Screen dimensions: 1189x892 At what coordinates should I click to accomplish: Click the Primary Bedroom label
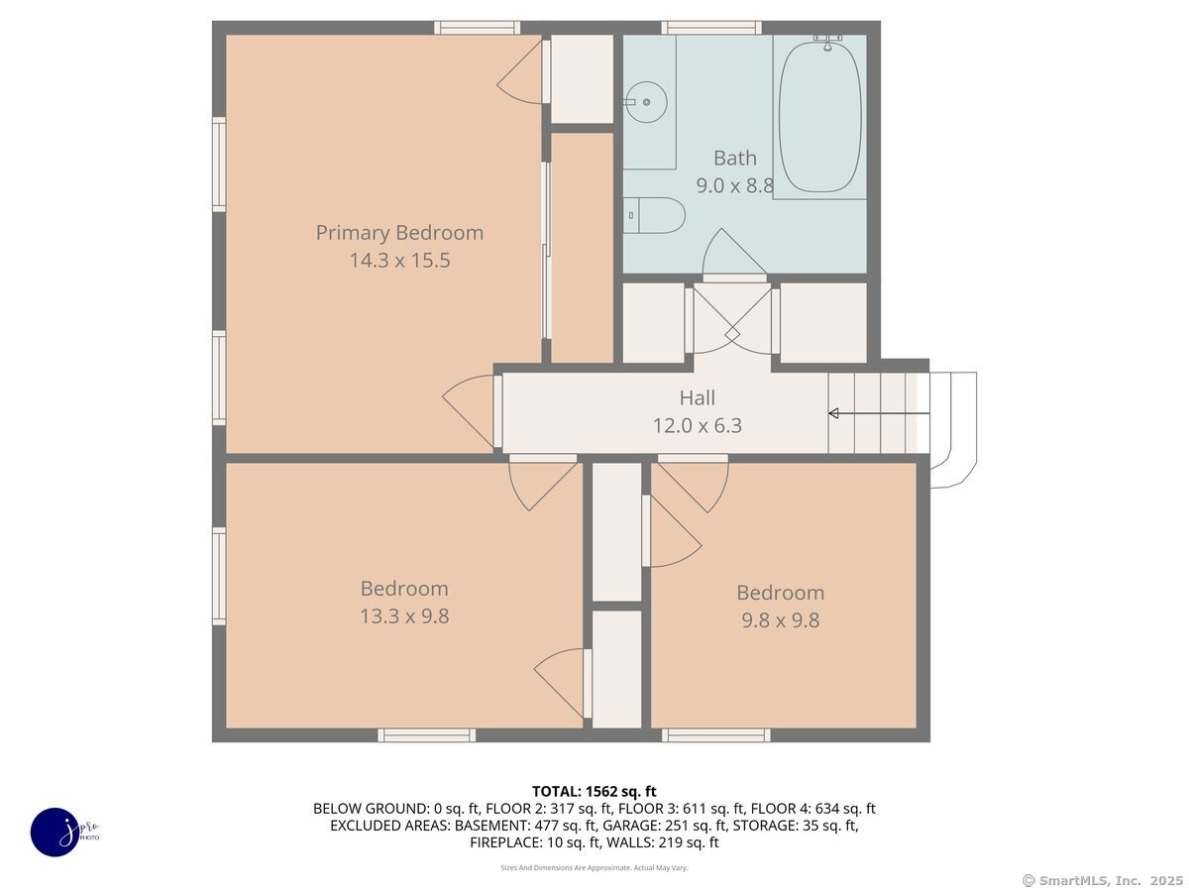point(399,233)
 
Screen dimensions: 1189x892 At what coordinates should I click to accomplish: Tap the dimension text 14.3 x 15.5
point(399,261)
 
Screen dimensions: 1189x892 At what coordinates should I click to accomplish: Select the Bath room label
point(734,159)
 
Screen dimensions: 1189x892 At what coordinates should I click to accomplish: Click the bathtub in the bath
point(819,117)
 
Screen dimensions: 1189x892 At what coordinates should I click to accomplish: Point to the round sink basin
point(648,102)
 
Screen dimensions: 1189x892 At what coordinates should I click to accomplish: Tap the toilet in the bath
point(654,215)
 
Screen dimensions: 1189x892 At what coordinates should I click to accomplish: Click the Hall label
point(697,398)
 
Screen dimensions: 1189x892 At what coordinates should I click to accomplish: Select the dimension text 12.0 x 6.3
point(697,426)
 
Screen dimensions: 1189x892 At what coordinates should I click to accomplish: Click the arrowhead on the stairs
point(833,413)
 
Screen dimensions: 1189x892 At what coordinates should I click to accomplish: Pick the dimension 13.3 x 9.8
point(404,616)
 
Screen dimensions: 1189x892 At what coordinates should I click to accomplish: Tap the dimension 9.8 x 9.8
point(780,620)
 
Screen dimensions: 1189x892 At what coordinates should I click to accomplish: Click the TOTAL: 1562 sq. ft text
point(594,792)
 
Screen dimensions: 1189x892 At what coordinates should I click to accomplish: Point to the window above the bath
point(711,28)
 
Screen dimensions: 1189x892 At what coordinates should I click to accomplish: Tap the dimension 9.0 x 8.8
point(734,185)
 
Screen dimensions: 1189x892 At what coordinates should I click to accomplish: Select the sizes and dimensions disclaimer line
point(594,867)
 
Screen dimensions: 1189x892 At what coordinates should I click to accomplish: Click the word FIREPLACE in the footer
point(506,842)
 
